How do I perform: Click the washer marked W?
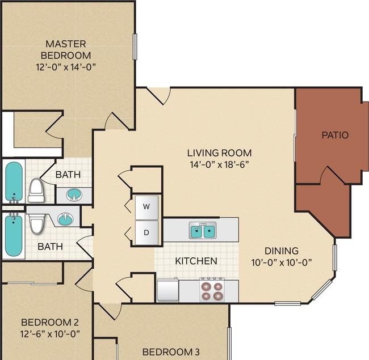click(146, 207)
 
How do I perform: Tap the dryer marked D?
click(146, 232)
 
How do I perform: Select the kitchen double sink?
click(203, 231)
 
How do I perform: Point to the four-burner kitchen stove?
click(212, 290)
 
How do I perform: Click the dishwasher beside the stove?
click(168, 290)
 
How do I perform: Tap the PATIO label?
click(335, 135)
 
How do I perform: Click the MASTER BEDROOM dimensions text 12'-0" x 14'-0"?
click(66, 67)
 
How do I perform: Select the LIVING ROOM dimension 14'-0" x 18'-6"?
click(219, 164)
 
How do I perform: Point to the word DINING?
click(282, 251)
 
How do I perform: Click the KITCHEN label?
click(196, 261)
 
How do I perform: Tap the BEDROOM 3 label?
click(171, 352)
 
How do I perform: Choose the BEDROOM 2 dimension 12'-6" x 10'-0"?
click(50, 334)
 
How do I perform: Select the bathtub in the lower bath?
click(14, 235)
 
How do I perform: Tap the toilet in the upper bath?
click(36, 190)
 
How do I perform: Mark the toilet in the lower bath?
click(36, 223)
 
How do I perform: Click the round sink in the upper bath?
click(74, 195)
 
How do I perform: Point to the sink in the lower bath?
click(66, 219)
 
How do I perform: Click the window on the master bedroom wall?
click(135, 46)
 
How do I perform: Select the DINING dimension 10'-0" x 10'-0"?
click(282, 262)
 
